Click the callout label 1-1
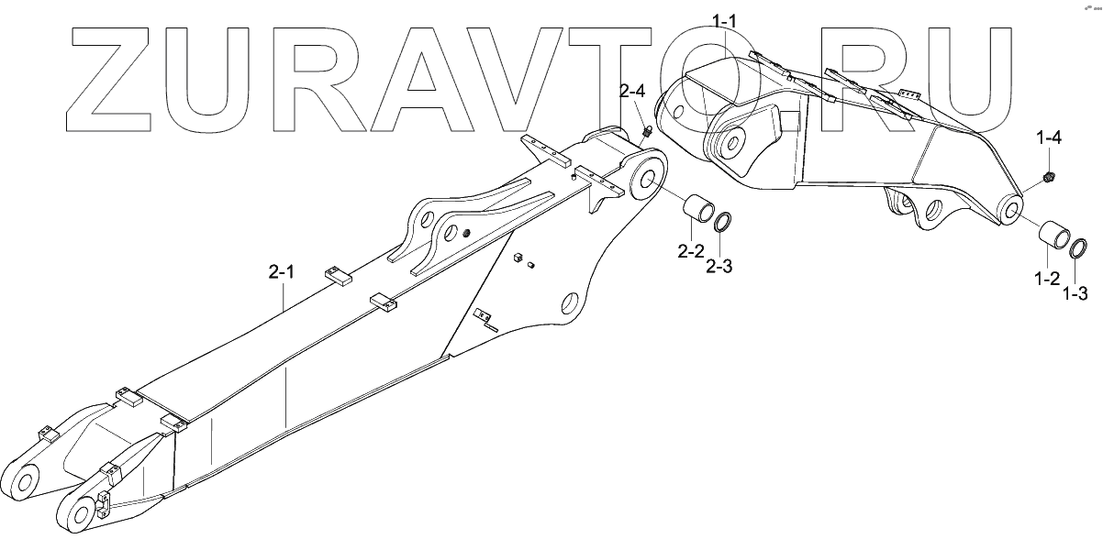[730, 19]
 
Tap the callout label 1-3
[1076, 294]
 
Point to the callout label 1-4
[1050, 138]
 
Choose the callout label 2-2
[691, 249]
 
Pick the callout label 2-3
[719, 267]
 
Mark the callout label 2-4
[632, 92]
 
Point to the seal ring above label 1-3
[1079, 247]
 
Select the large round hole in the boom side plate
[569, 302]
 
